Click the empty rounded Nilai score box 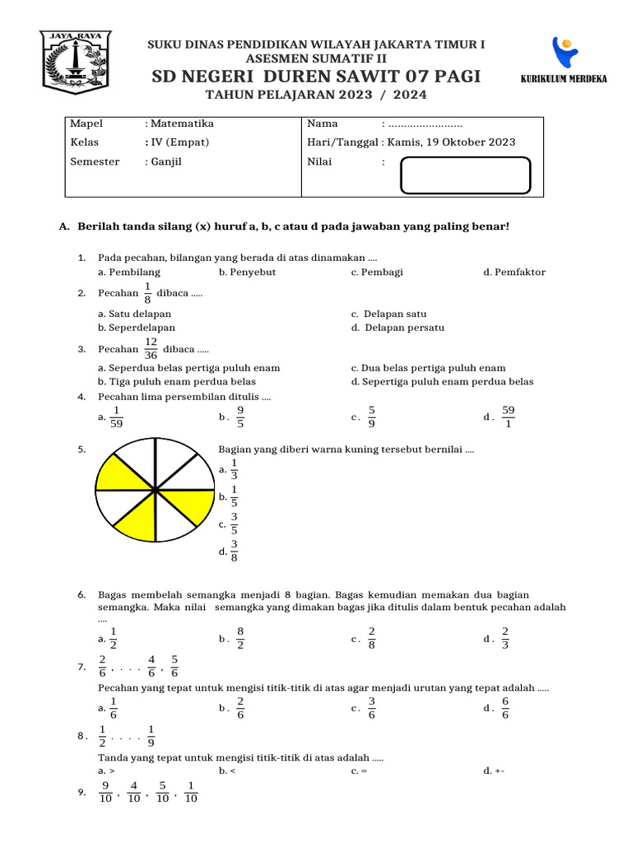(x=465, y=175)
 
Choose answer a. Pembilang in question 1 (x=129, y=272)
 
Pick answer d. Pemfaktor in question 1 (x=514, y=272)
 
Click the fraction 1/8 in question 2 (x=148, y=293)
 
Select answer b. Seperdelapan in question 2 (x=137, y=328)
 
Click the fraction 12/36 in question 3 (x=151, y=347)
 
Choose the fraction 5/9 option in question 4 (x=372, y=417)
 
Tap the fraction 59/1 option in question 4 (x=508, y=417)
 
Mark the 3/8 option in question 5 (x=234, y=551)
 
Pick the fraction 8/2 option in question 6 (x=240, y=638)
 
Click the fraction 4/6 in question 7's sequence (x=151, y=666)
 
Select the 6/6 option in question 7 (x=505, y=707)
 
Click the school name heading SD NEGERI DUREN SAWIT (x=316, y=77)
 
